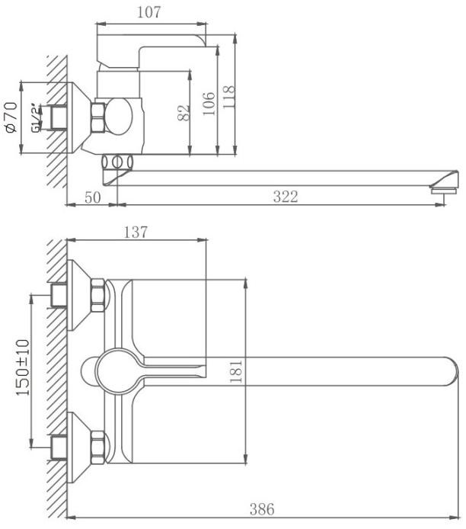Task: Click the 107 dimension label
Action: [148, 12]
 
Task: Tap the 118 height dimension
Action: [228, 97]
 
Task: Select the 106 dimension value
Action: [209, 104]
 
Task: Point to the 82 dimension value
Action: [184, 113]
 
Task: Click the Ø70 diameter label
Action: [11, 117]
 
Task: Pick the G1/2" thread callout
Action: [36, 118]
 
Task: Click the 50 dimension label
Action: [93, 197]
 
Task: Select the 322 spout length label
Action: [286, 197]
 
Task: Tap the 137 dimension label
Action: [136, 232]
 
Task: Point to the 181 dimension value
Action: [235, 371]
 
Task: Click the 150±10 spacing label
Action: [23, 367]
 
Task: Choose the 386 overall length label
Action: [262, 509]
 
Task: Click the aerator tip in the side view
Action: [443, 191]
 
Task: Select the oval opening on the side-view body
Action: [120, 117]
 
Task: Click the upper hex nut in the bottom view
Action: [97, 295]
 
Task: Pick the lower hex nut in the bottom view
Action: [97, 448]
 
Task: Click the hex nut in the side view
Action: [98, 117]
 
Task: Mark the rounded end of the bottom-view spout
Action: [453, 371]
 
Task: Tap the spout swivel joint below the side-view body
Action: [117, 162]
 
